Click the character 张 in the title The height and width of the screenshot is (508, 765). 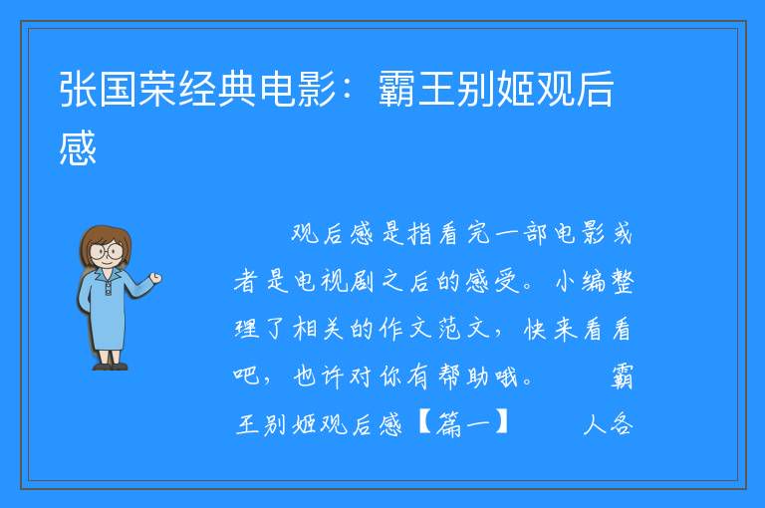[78, 89]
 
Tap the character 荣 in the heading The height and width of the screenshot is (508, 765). [157, 89]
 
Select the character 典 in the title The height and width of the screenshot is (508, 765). [237, 89]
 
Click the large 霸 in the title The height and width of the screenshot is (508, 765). [397, 89]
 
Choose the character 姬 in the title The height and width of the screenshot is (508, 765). [516, 89]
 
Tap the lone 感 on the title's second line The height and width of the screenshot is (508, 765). [78, 147]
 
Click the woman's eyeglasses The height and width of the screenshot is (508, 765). [106, 251]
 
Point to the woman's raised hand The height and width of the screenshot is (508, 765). [155, 278]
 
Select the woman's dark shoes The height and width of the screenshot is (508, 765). [111, 366]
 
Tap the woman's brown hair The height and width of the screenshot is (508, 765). [105, 242]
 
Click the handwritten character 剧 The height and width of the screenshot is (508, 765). [362, 281]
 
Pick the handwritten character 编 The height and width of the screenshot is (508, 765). [592, 281]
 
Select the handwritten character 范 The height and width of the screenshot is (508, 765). [449, 329]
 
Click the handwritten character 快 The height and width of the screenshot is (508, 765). [535, 329]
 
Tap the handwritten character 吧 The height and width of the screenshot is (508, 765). [246, 376]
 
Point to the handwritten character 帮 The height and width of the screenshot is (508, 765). [449, 377]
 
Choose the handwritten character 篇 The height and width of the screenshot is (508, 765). [449, 423]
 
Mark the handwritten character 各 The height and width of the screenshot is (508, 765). [621, 423]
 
